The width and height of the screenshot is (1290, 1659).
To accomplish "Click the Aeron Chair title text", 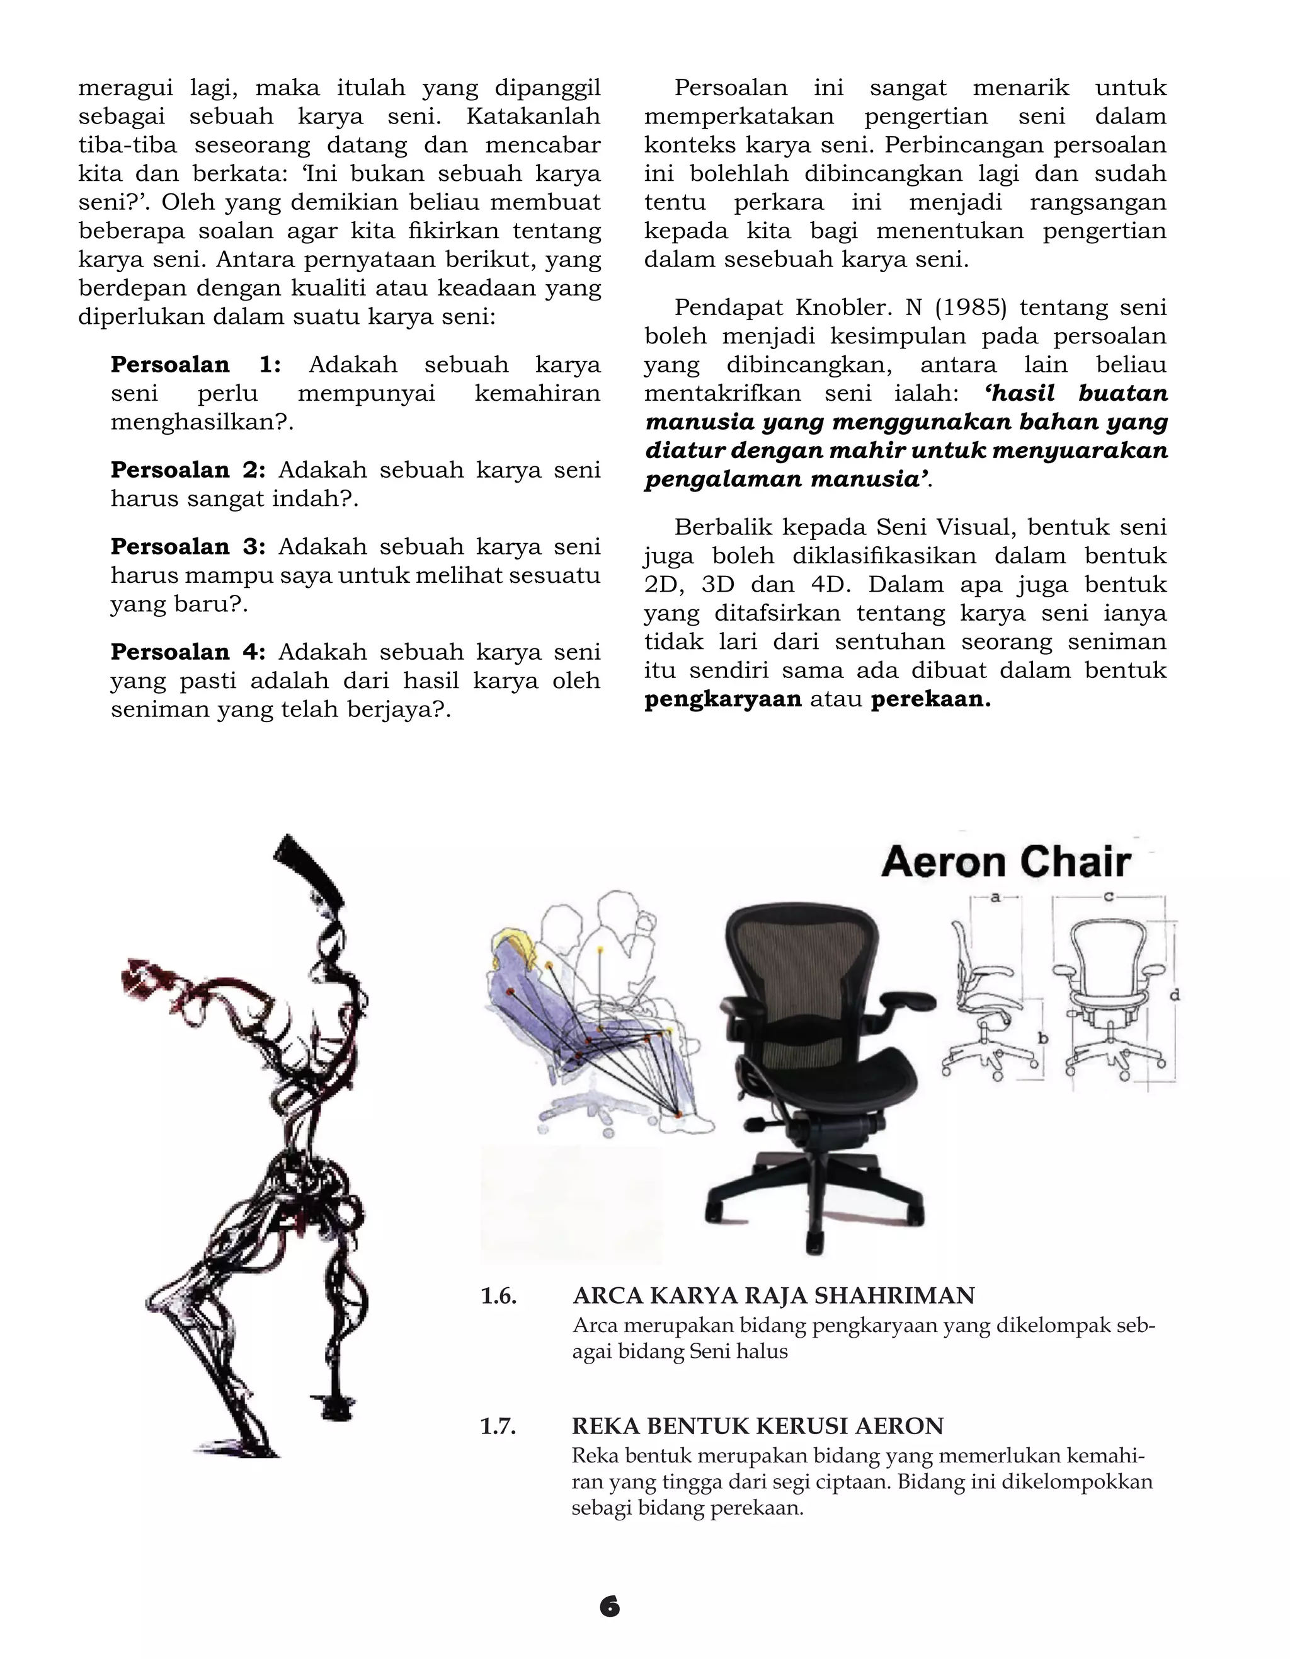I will (x=1005, y=862).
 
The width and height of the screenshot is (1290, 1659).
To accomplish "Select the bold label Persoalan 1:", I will (x=195, y=365).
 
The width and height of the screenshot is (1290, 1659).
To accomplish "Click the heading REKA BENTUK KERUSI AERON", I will (x=757, y=1426).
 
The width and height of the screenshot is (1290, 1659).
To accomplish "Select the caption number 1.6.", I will (x=498, y=1295).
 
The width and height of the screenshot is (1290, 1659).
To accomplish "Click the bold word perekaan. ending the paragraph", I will (x=930, y=699).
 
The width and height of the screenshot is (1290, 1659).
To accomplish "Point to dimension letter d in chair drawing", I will (x=1175, y=994).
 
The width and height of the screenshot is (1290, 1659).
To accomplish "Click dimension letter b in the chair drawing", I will (x=1043, y=1038).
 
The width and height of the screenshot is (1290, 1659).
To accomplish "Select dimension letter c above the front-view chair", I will (x=1108, y=897).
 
